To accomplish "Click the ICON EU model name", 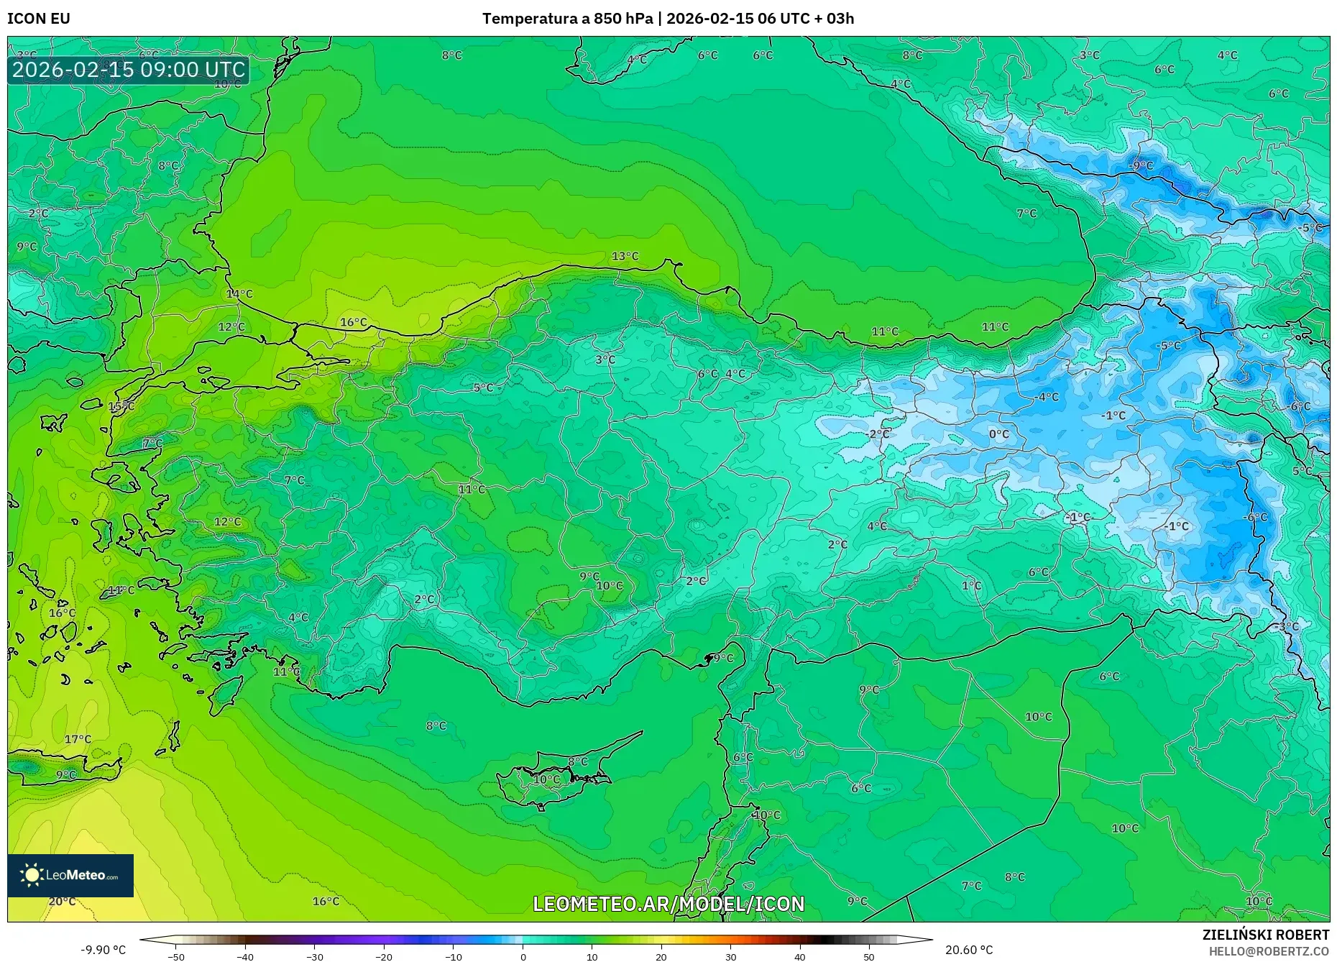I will point(39,19).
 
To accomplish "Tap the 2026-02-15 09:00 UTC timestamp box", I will point(129,70).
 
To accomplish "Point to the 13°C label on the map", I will point(625,256).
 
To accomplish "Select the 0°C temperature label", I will point(998,434).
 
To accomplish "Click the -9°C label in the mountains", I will point(1140,165).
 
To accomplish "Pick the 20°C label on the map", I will point(62,901).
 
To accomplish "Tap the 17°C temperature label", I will point(78,738).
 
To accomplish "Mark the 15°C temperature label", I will point(121,406).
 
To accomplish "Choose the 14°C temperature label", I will point(239,293).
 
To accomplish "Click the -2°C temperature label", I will point(878,434).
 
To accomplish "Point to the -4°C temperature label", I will point(1047,396).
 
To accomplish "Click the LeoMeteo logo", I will point(70,875).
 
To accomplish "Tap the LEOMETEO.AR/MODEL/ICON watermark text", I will point(668,904).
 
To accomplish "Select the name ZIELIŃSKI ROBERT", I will point(1265,935).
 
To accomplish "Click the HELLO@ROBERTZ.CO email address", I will point(1269,951).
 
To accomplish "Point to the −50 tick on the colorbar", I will point(176,956).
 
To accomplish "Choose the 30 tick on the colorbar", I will point(730,956).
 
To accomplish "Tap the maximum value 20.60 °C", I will point(969,950).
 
